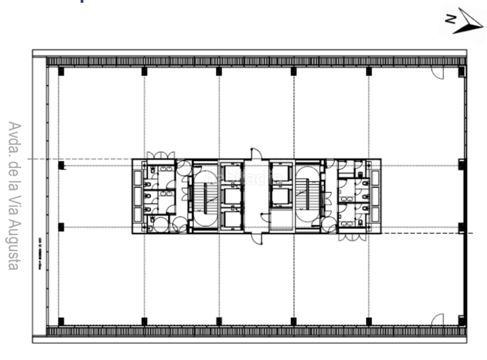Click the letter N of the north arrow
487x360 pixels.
pos(450,19)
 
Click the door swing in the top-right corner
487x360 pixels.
pos(438,72)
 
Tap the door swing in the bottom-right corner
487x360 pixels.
pos(437,319)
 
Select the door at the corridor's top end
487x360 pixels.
pos(256,154)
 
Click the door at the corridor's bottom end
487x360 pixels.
pos(256,238)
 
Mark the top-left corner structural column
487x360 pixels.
pos(61,71)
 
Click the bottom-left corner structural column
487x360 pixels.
pos(61,321)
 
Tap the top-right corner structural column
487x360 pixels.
pos(461,71)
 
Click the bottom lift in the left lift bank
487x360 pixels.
pos(231,219)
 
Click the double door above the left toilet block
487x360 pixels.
pos(161,155)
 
